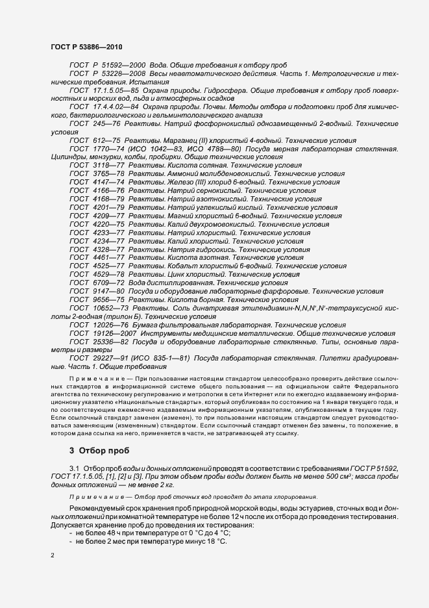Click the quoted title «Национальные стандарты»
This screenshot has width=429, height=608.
[138, 401]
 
